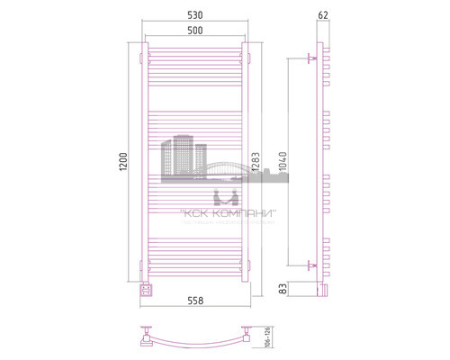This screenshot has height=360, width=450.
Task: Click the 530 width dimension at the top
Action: coord(193,16)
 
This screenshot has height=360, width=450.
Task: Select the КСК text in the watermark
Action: coord(193,213)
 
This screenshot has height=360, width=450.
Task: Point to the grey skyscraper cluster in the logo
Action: coord(178,155)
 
